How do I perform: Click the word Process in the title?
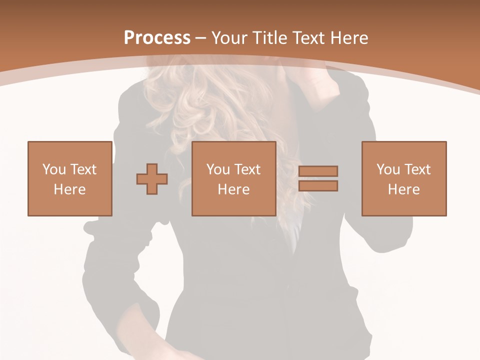tap(157, 38)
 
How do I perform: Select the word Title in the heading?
tap(270, 38)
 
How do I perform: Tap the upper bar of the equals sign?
tap(318, 171)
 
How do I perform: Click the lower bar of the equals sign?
tap(318, 186)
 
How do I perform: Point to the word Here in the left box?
tap(69, 189)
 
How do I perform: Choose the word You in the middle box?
tap(218, 169)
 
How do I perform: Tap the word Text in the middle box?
tap(246, 169)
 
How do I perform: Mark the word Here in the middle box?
tap(233, 189)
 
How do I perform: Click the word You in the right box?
tap(388, 169)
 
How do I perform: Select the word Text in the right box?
tap(416, 169)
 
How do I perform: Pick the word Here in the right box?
tap(403, 189)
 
